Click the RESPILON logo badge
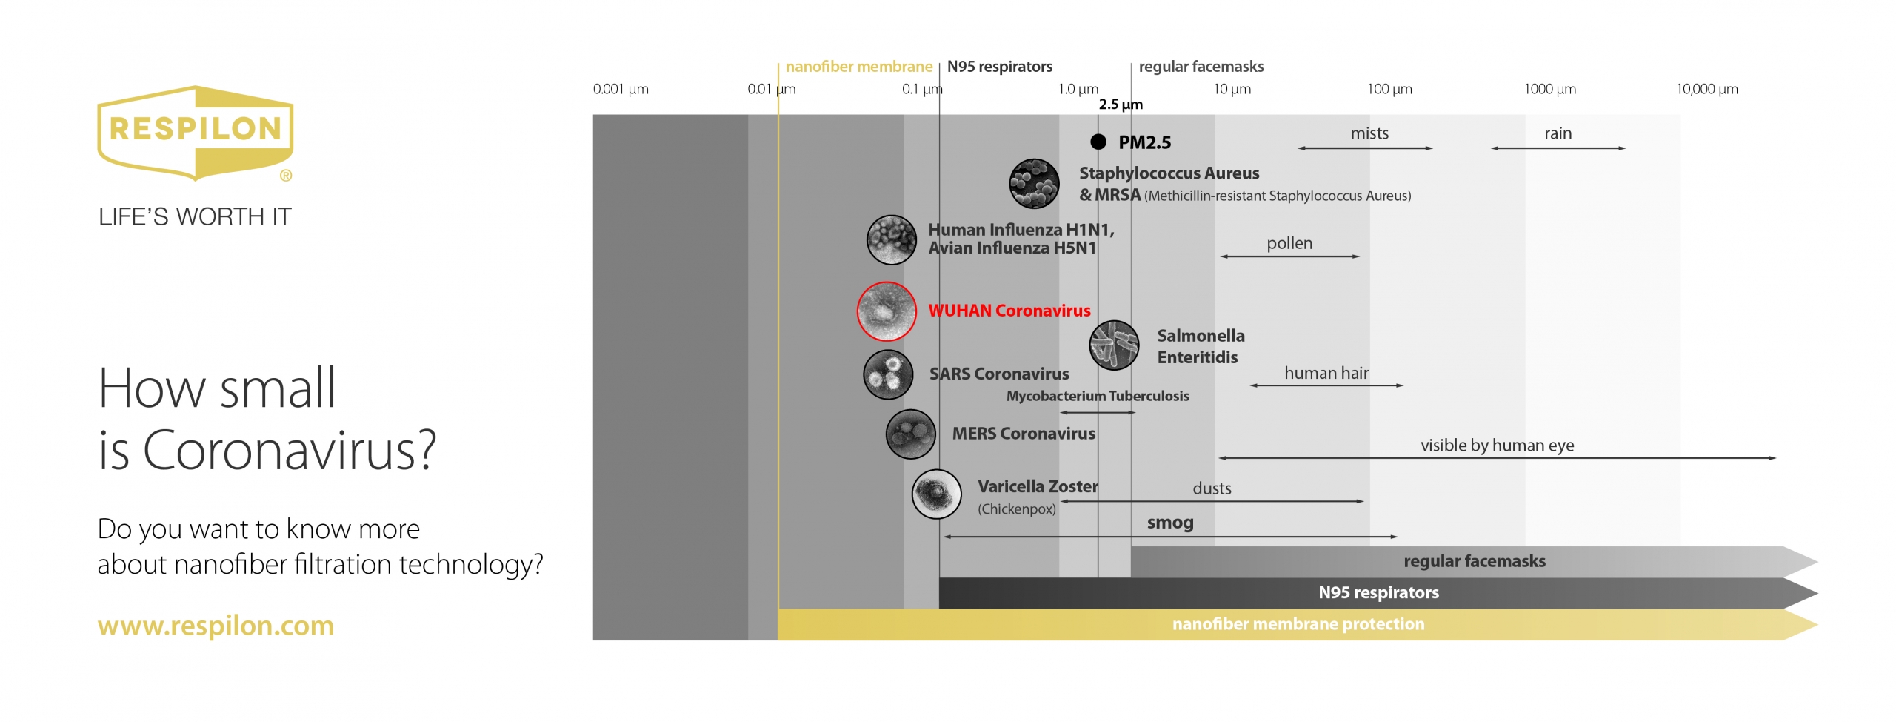(196, 133)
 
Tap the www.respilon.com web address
(216, 626)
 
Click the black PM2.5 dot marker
(1098, 142)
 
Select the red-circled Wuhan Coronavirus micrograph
(887, 311)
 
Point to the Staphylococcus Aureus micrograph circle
(1034, 184)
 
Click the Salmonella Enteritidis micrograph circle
(1114, 345)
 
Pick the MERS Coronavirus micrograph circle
(911, 434)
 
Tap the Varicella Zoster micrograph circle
(937, 494)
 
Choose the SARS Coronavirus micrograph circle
(888, 374)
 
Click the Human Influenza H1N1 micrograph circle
(892, 240)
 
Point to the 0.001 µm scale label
(621, 90)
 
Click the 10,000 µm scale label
(1707, 90)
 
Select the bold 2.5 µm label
(1121, 105)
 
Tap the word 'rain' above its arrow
(1558, 133)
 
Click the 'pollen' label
(1289, 243)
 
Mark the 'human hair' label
(1326, 373)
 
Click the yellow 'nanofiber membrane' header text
(859, 67)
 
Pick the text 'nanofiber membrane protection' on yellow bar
(1298, 624)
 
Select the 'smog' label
(1170, 523)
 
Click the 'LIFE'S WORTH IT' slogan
(195, 217)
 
